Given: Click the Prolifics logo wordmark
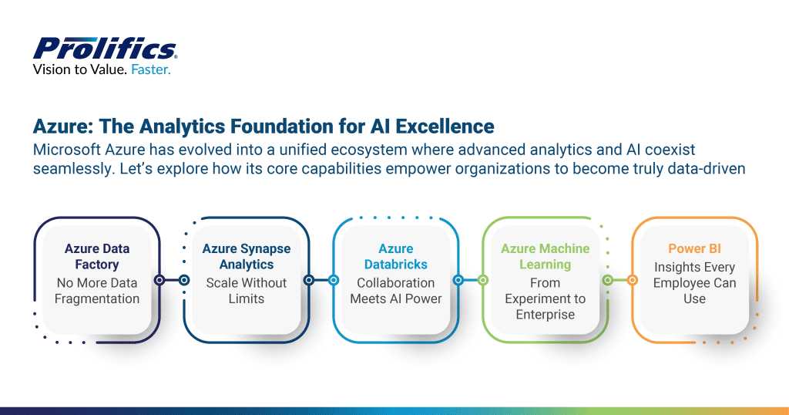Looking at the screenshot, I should coord(105,48).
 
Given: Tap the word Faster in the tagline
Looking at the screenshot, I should coord(151,69).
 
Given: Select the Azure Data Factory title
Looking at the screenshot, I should coord(97,256).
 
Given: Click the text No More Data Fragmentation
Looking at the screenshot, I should coord(97,291).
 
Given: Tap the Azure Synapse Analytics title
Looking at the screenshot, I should coord(247,256).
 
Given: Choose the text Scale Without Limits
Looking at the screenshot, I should coord(247,291).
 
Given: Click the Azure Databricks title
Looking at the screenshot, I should coord(396,256).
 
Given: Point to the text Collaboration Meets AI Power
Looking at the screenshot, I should coord(396,291).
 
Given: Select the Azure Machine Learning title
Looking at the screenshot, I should coord(546,256).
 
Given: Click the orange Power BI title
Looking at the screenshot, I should coord(694,248).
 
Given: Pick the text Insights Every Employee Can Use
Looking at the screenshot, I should coord(694,282).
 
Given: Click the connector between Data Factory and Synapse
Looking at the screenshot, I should coord(172,281).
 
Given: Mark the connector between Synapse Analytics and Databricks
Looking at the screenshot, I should coord(321,281).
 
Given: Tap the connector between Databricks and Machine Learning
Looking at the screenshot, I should coord(470,281).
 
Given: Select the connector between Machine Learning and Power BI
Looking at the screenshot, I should coord(619,281).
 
